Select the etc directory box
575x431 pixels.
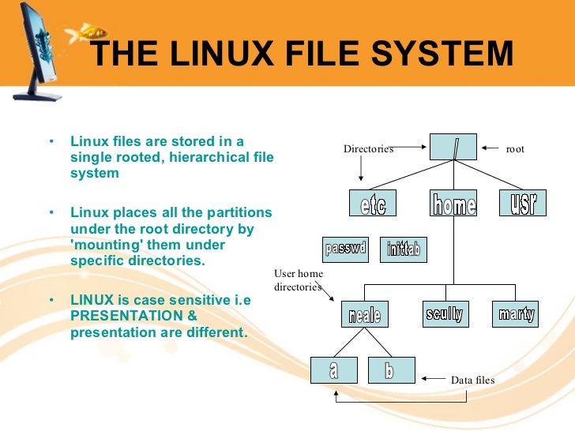[372, 204]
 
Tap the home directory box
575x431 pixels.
[454, 204]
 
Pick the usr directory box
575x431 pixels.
[523, 204]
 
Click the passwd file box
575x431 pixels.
[346, 249]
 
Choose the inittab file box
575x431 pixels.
[404, 250]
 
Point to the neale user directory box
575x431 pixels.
[364, 314]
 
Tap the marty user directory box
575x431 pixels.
[516, 313]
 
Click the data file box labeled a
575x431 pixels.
[334, 369]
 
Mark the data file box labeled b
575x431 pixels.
[389, 369]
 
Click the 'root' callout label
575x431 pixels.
[515, 148]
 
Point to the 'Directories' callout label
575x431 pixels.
[368, 148]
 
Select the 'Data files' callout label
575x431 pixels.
[472, 380]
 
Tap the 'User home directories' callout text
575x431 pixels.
[299, 280]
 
